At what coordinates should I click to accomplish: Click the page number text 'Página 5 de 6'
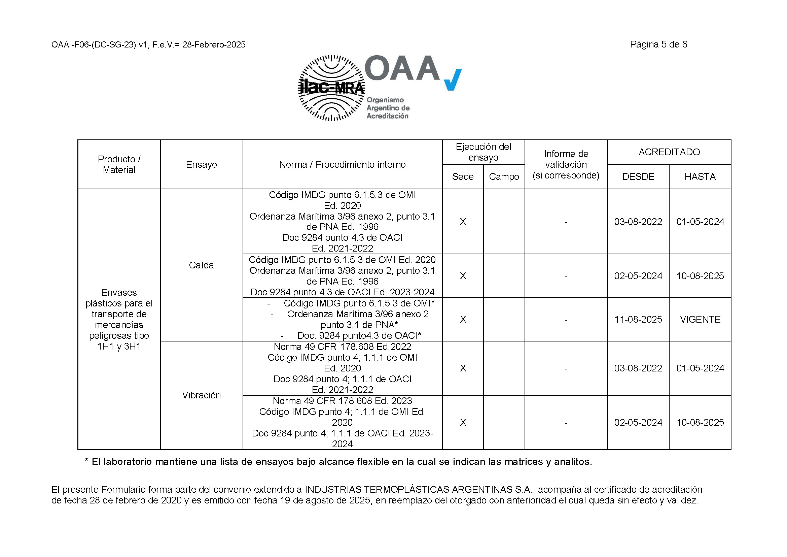[x=658, y=44]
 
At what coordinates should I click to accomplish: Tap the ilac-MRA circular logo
[x=331, y=88]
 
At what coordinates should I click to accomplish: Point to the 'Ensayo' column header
[x=201, y=165]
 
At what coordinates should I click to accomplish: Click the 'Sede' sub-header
[x=462, y=177]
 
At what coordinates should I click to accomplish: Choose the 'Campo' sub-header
[x=504, y=177]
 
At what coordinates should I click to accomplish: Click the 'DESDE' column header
[x=638, y=177]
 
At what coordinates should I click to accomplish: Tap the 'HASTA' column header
[x=700, y=177]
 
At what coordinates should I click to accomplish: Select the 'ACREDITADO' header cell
[x=669, y=152]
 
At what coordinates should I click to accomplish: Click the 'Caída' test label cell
[x=201, y=265]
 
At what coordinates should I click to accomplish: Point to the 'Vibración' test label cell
[x=201, y=395]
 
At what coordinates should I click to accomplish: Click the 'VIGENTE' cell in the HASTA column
[x=700, y=319]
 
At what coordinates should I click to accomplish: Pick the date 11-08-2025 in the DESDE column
[x=638, y=319]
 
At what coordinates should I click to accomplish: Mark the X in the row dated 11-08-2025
[x=463, y=319]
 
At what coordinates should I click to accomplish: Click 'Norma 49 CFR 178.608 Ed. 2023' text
[x=342, y=401]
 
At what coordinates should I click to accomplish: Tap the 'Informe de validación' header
[x=566, y=164]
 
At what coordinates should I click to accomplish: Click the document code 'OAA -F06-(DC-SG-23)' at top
[x=94, y=45]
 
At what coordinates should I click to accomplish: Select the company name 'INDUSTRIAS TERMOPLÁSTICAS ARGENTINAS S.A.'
[x=418, y=489]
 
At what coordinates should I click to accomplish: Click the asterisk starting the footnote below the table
[x=86, y=461]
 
